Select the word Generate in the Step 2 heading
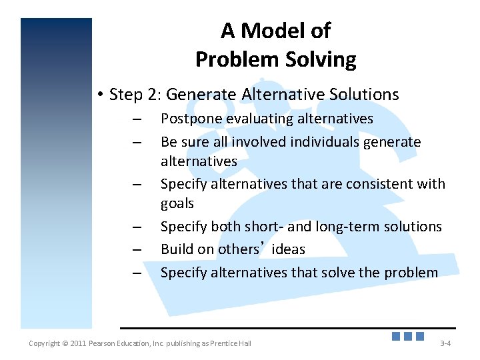tap(197, 95)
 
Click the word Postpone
tap(189, 119)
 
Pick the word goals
tap(177, 203)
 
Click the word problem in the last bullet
tap(411, 273)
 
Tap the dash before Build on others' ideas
tap(137, 251)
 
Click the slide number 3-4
tap(445, 343)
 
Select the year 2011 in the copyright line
tap(75, 343)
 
